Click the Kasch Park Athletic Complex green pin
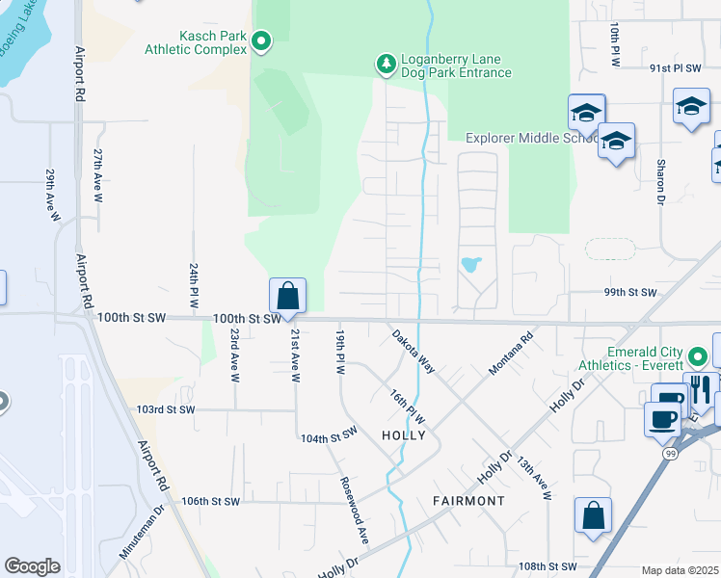pos(261,40)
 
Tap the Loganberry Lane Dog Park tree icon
pos(386,64)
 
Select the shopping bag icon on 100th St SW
pos(287,295)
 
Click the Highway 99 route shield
pos(670,452)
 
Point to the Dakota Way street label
pos(414,353)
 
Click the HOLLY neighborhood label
pos(403,434)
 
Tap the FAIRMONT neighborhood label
pos(468,501)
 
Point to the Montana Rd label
pos(512,355)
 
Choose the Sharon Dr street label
pos(661,182)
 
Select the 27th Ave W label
pos(98,174)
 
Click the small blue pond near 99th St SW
pos(470,264)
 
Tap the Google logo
pos(32,566)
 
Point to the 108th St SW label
pos(547,566)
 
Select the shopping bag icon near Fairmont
pos(593,514)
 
